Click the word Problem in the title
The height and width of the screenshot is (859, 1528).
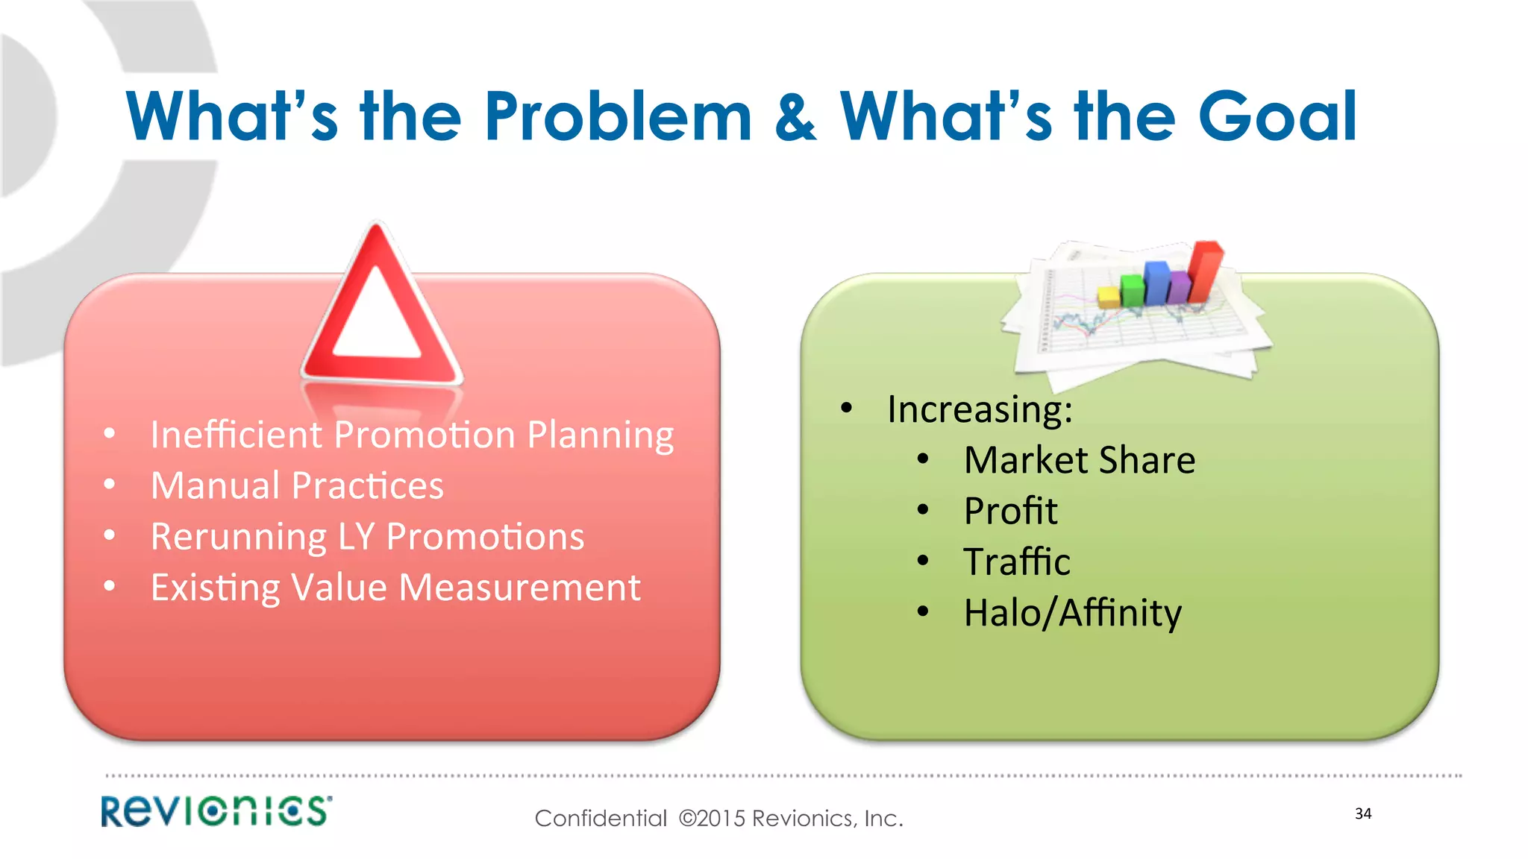pos(618,116)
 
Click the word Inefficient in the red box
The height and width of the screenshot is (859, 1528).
pos(235,435)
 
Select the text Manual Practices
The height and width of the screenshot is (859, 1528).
pos(297,485)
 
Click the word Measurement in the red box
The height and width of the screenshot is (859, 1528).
pos(519,588)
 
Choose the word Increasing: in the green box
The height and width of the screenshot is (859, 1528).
pos(980,409)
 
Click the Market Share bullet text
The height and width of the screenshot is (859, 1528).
pos(1079,460)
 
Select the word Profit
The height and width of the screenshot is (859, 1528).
pos(1010,512)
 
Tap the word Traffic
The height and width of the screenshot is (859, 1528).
pos(1016,562)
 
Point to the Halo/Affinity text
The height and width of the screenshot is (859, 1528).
pos(1072,614)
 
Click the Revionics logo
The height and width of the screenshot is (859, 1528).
pos(216,811)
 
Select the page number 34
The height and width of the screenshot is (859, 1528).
pos(1363,814)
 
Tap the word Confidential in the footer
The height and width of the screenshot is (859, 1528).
pos(601,819)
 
